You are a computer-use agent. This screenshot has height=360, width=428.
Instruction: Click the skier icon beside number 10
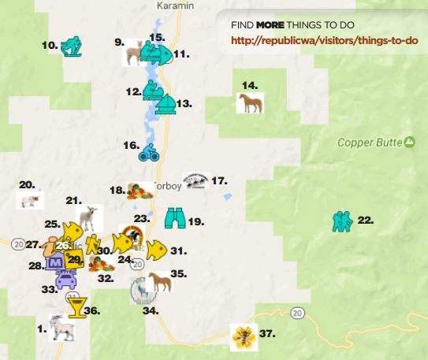coord(71,46)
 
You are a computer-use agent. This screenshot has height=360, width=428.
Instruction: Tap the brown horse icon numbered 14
coord(249,103)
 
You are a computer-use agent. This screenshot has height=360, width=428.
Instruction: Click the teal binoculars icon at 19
coord(175,217)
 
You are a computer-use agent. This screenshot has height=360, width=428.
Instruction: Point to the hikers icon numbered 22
coord(342,221)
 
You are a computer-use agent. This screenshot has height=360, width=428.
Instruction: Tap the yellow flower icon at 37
coord(242,336)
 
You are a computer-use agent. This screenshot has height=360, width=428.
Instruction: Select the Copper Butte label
coord(370,143)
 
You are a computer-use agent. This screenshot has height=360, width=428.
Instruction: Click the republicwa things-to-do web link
coord(323,40)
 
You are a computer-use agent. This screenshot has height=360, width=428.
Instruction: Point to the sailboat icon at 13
coord(166,104)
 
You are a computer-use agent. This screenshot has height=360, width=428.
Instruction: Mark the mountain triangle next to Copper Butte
coord(409,142)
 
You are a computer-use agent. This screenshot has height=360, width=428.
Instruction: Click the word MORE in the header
coord(269,24)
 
